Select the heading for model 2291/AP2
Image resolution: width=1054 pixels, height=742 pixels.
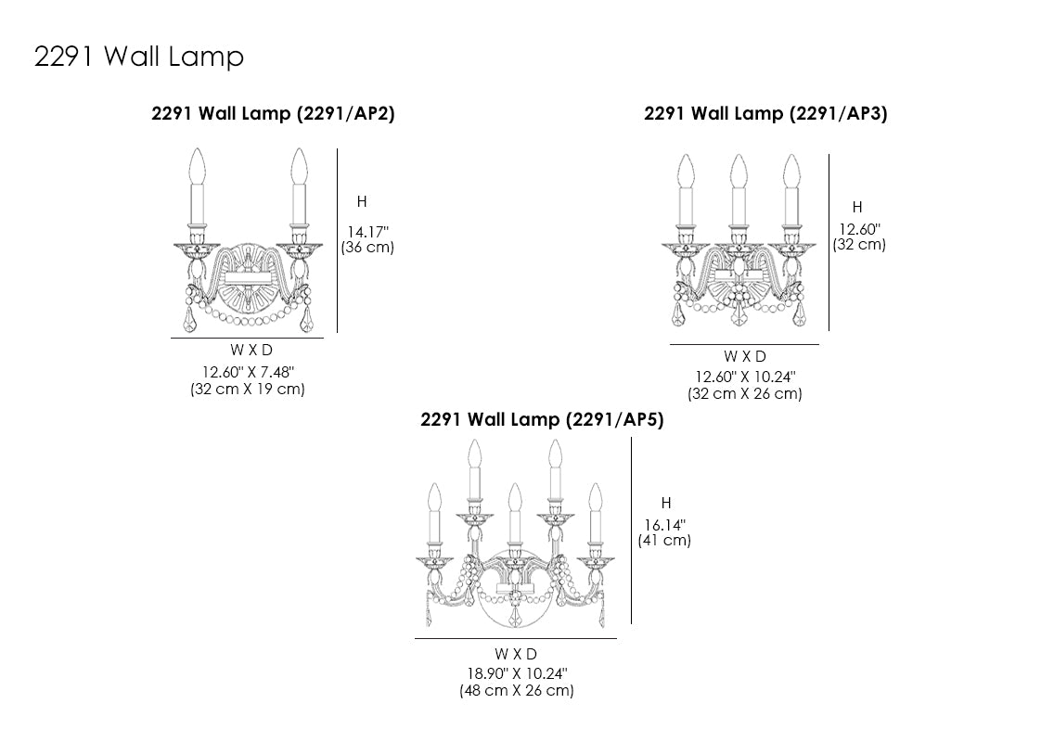click(273, 113)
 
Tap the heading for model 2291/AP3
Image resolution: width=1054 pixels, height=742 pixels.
click(765, 113)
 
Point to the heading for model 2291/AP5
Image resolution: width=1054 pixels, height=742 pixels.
click(542, 419)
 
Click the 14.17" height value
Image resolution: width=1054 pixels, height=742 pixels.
click(367, 232)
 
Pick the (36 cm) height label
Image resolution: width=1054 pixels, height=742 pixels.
click(367, 248)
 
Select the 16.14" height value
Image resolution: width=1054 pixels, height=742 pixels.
click(665, 525)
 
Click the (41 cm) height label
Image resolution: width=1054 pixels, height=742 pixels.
click(664, 541)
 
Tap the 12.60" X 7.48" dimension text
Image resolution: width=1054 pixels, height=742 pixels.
click(248, 372)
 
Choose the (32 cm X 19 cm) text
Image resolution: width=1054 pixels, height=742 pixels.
click(248, 390)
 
